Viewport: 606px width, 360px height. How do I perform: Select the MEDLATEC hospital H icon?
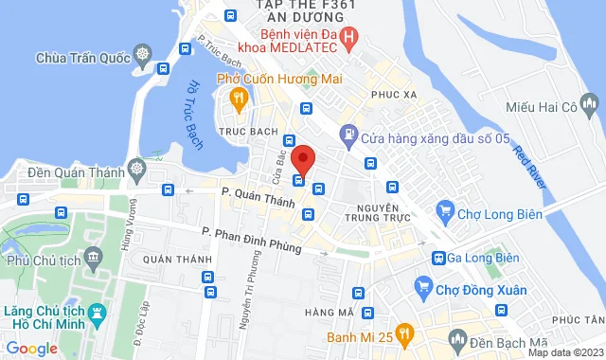click(348, 39)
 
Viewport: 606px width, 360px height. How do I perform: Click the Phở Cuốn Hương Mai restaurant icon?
click(238, 97)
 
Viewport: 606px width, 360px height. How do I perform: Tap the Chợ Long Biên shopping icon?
click(443, 209)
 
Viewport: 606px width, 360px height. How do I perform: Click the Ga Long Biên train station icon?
click(439, 257)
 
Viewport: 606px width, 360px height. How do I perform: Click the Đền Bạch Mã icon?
click(457, 338)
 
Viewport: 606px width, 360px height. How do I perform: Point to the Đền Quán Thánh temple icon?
click(137, 169)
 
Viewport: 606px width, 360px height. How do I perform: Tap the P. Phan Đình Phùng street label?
click(251, 241)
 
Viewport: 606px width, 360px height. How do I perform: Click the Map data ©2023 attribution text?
click(565, 352)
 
